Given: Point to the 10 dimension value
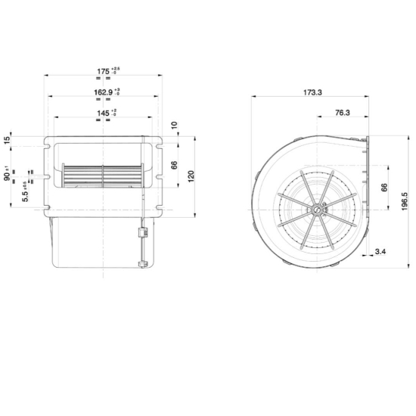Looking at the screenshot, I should [175, 125].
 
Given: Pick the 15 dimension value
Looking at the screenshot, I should [7, 141].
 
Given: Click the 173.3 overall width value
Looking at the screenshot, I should [311, 92].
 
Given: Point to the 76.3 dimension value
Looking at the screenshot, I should [340, 113].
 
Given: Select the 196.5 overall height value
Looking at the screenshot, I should [406, 202].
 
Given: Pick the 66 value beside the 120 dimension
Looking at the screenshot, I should [175, 166].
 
